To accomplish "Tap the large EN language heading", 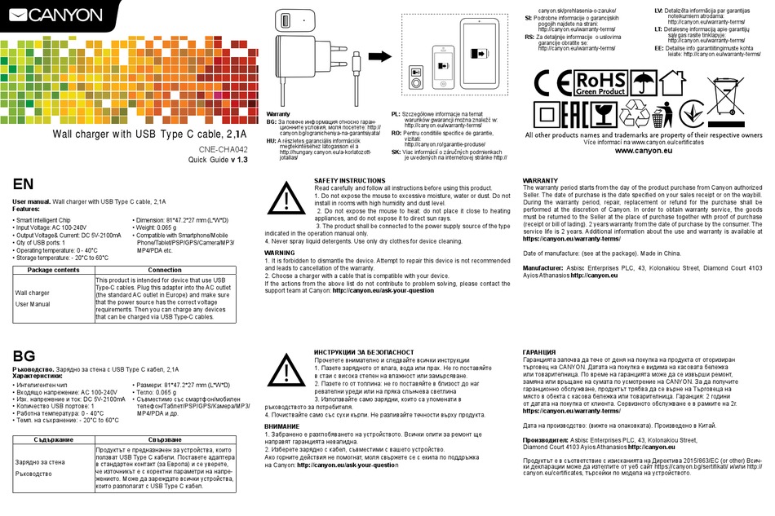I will [x=24, y=184].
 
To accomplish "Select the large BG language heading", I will [x=24, y=355].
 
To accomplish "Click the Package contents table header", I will [x=54, y=269].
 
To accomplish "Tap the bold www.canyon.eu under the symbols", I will [x=644, y=151].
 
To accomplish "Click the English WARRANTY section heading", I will [x=540, y=180].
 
